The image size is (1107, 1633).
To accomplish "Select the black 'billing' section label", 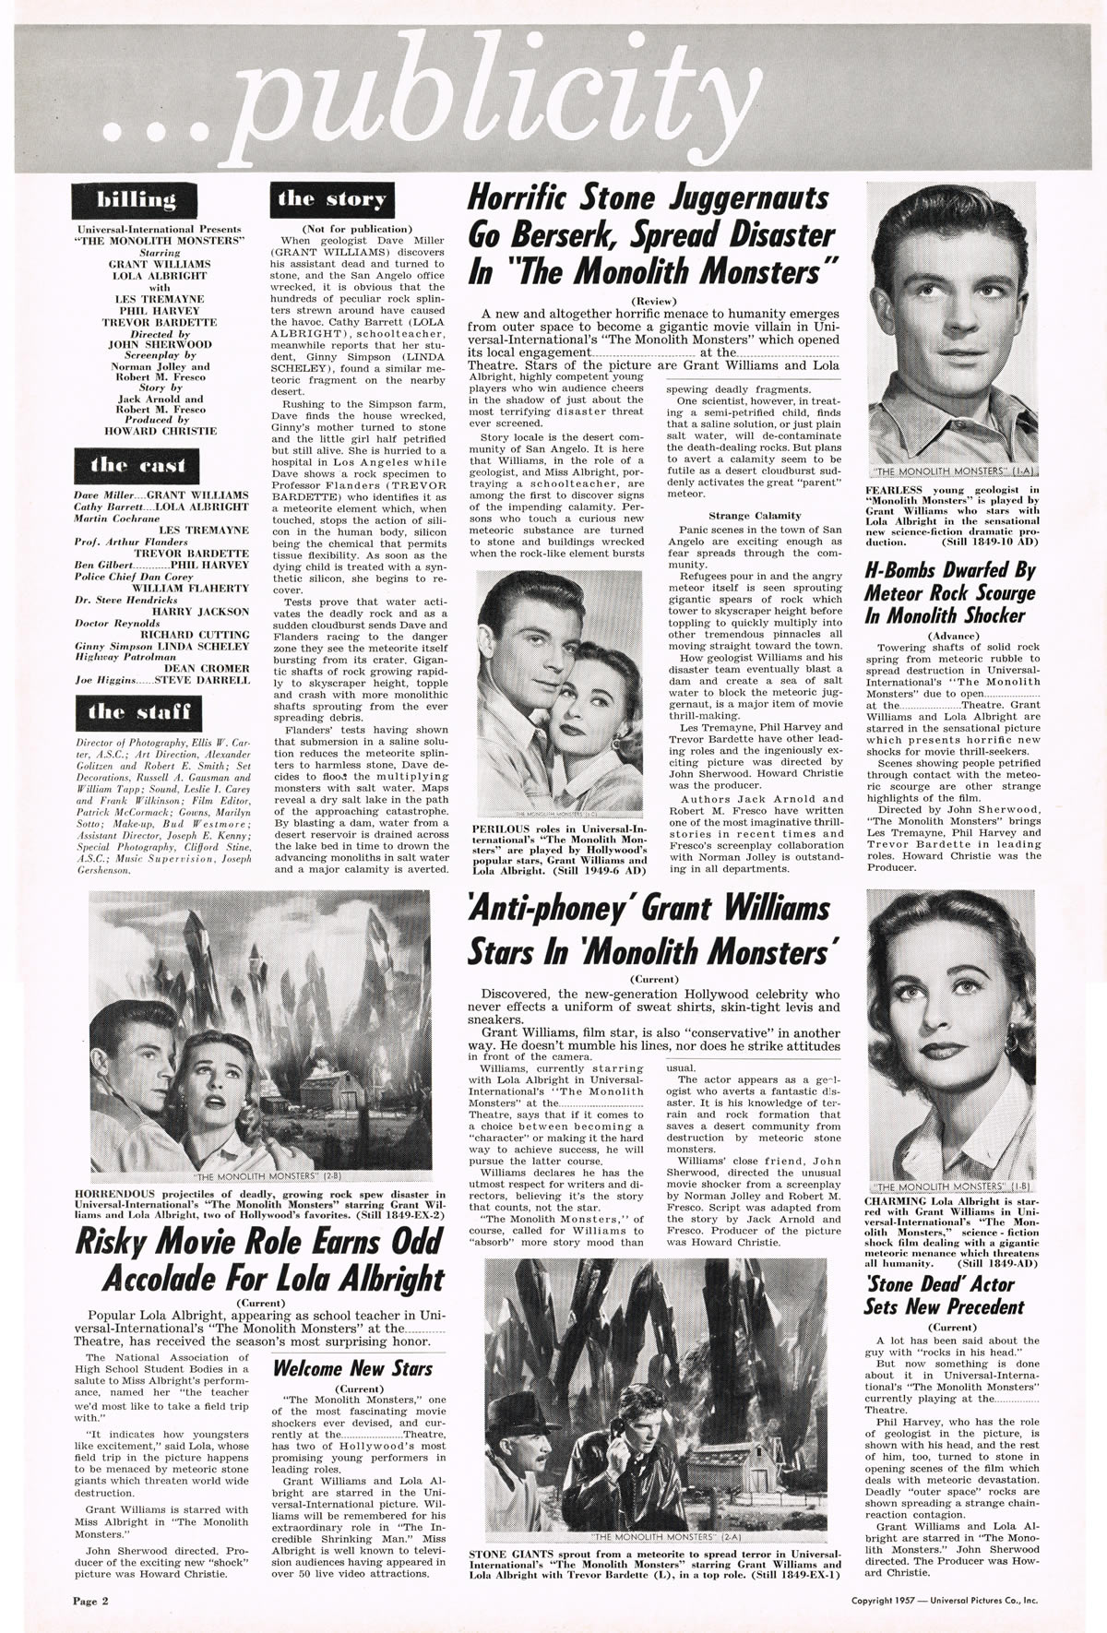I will click(137, 200).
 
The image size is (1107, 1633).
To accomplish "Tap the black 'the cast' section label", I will click(137, 466).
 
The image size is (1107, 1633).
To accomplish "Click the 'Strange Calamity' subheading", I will click(755, 515).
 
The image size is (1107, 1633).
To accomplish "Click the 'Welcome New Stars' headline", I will click(353, 1368).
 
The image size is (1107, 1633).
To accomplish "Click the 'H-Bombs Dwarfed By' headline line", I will click(950, 571).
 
